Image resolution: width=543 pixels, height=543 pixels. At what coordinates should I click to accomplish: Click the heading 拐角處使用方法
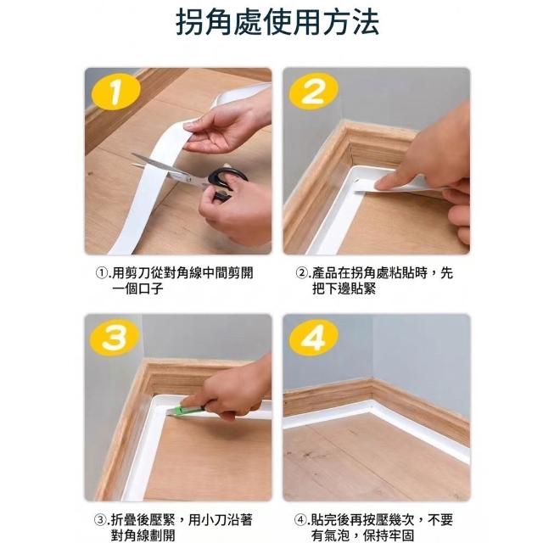click(277, 22)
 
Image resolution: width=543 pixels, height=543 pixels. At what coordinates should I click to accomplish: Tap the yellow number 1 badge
click(116, 92)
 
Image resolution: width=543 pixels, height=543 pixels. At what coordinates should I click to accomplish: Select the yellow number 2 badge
click(313, 91)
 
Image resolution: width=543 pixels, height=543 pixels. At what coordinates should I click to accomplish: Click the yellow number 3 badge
click(115, 338)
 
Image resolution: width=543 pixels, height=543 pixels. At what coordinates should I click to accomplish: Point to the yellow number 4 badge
click(313, 338)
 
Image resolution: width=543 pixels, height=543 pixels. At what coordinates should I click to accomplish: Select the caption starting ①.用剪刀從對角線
click(174, 281)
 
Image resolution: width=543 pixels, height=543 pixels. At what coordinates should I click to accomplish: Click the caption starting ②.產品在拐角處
click(374, 281)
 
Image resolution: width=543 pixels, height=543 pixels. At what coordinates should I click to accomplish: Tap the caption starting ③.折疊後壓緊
click(173, 527)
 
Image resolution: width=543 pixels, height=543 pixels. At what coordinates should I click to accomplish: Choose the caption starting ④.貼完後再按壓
click(373, 527)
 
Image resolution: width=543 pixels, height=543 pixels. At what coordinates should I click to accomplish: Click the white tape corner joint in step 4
click(372, 406)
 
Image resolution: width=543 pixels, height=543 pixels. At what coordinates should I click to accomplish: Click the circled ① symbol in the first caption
click(101, 273)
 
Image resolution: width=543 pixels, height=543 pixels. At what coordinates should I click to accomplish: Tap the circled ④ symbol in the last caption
click(300, 520)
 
